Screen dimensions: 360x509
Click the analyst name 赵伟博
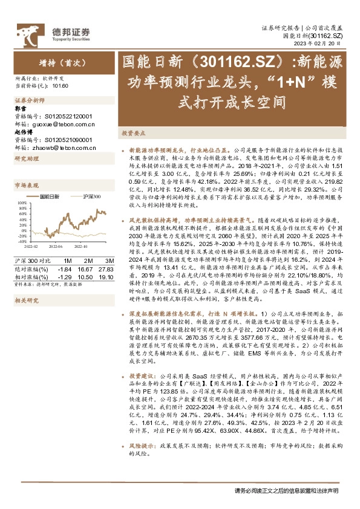[x=22, y=131]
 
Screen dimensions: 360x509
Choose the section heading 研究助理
[x=27, y=158]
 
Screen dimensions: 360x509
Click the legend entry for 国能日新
[x=50, y=196]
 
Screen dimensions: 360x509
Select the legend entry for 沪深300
[x=92, y=196]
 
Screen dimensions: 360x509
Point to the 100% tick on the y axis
[x=21, y=203]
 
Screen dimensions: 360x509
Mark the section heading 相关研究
[x=27, y=299]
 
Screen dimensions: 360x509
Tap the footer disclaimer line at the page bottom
[x=286, y=491]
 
